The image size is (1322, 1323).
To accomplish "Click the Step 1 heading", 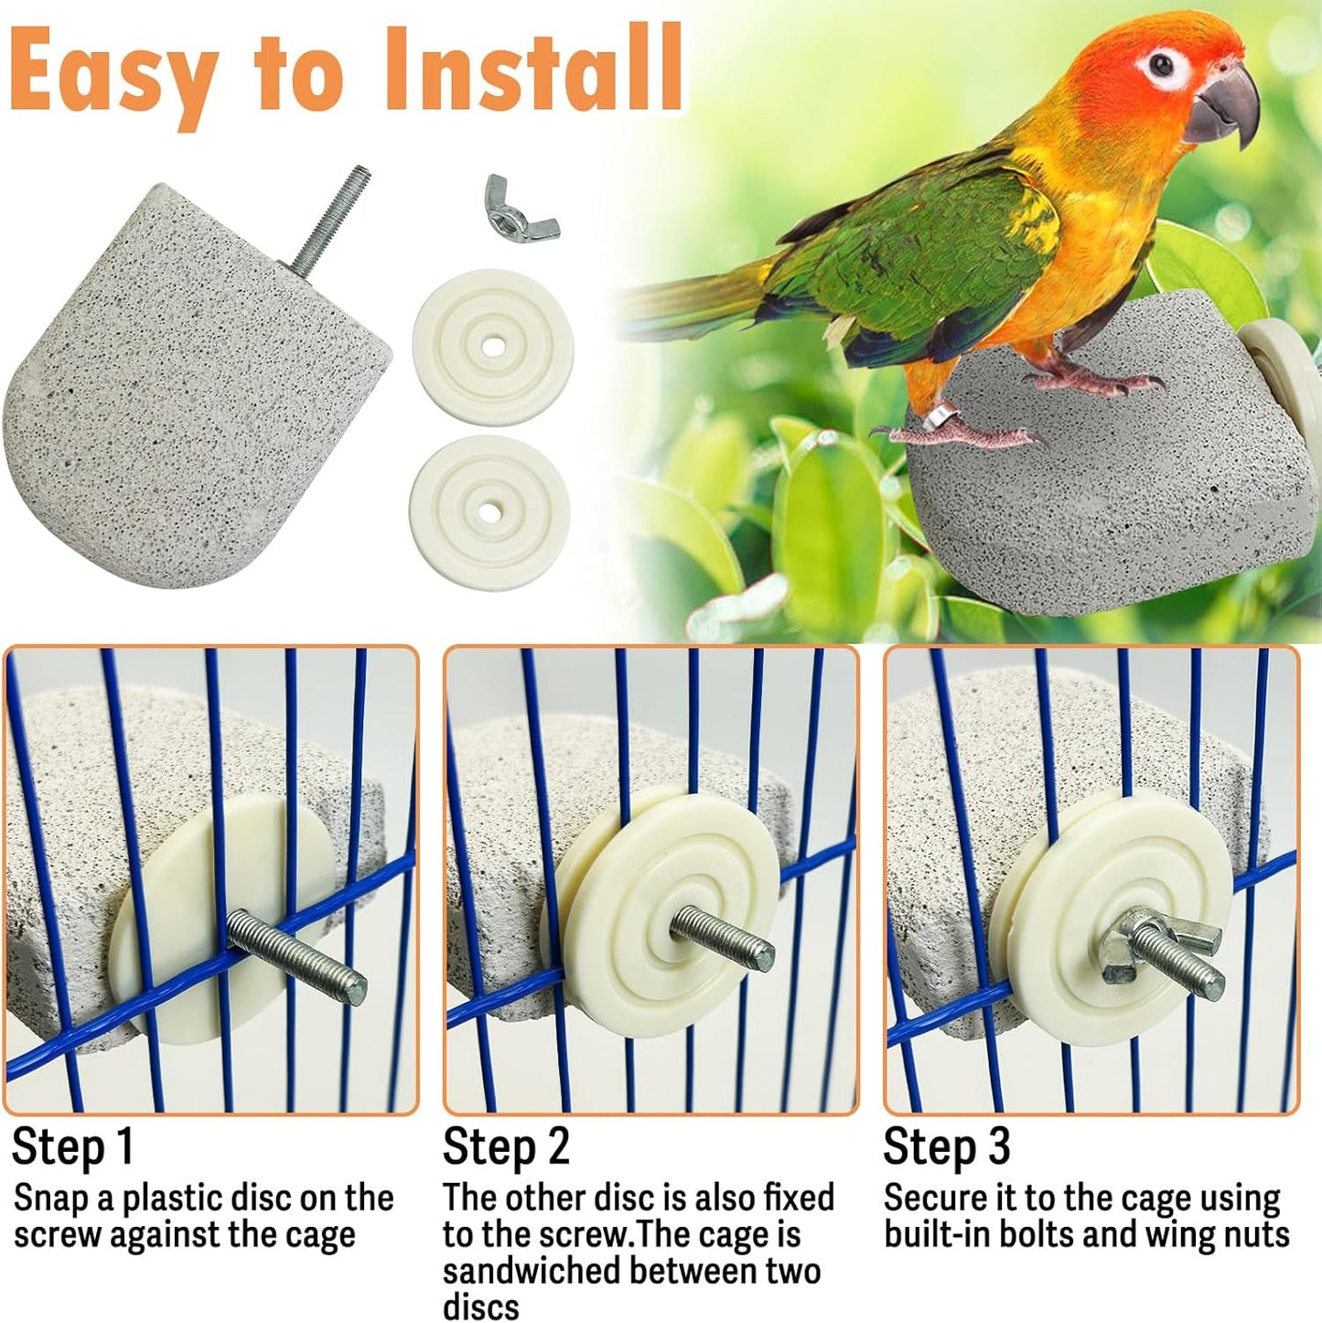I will click(73, 1146).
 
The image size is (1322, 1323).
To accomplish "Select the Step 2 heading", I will click(506, 1146).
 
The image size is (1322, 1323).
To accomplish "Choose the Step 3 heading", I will click(946, 1146).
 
